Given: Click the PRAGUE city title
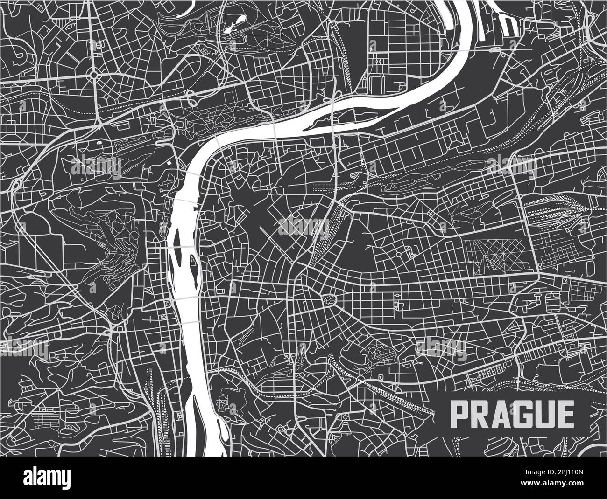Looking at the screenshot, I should (511, 412).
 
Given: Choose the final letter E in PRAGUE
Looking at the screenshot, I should (563, 412).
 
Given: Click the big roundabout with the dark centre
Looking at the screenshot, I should (93, 75).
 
